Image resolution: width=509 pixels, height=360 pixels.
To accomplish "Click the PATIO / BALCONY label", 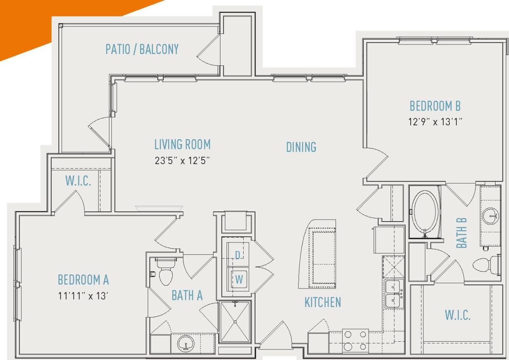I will [x=142, y=49].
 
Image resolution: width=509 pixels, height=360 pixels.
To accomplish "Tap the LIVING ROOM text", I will [x=182, y=144].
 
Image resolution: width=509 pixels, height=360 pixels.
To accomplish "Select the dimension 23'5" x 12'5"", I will [x=182, y=160].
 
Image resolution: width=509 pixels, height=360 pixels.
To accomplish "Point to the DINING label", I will [x=301, y=147].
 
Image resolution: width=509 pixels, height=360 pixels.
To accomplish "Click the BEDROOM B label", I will [x=435, y=106].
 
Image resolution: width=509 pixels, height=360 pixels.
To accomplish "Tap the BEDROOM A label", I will [x=83, y=280].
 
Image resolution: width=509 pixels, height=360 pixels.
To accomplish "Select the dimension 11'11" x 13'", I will [x=83, y=296].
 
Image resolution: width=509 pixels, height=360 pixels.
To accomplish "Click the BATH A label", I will [x=187, y=296].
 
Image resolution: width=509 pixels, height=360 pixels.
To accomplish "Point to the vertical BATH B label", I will [x=461, y=233].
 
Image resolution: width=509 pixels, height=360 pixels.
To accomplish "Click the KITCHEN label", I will [x=322, y=302].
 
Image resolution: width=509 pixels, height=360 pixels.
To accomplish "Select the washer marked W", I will [x=239, y=280].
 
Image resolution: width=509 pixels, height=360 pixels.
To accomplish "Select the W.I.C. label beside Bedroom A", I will [x=78, y=182].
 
